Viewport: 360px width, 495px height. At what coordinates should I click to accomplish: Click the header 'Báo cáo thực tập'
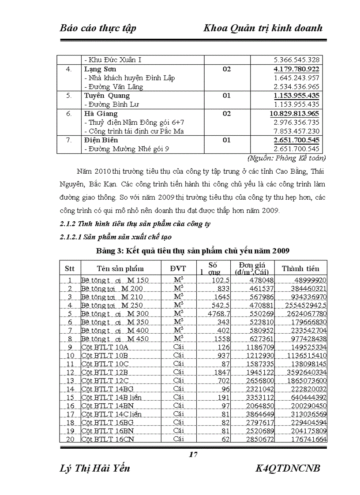point(97,28)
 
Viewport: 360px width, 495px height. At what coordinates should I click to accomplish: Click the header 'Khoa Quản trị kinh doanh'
point(263,28)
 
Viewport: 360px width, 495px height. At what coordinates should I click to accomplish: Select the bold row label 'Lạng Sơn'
point(101,69)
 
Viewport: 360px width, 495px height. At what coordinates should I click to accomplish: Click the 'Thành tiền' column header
point(300,268)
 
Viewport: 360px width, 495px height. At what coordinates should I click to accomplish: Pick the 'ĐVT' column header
point(178,268)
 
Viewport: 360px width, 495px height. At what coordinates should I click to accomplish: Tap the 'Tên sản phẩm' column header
point(120,268)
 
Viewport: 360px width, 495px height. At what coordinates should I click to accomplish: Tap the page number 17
point(193,455)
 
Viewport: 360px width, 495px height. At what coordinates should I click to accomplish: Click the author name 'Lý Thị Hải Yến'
point(95,469)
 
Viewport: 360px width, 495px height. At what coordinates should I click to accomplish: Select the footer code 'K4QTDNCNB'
point(288,469)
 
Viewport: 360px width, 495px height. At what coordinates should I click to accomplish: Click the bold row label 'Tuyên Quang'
point(107,96)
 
